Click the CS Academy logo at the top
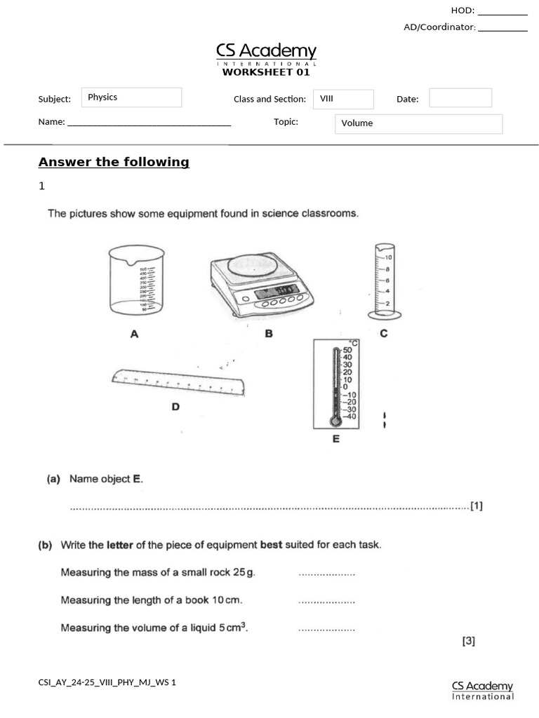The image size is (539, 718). tap(266, 53)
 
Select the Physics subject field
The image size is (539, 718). tap(131, 97)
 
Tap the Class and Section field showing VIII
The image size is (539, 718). tap(342, 99)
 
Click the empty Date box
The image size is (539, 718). tap(460, 98)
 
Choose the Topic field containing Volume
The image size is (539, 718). tap(418, 123)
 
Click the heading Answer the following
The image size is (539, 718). tap(114, 162)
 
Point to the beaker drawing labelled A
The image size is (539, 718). tap(135, 280)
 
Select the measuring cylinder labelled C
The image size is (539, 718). tap(383, 280)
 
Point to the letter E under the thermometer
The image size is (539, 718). tap(335, 440)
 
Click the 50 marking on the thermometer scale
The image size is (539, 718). tap(347, 350)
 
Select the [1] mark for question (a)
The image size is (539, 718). tap(477, 506)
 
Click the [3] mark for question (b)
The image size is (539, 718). tap(469, 640)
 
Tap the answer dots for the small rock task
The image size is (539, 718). tap(326, 574)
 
